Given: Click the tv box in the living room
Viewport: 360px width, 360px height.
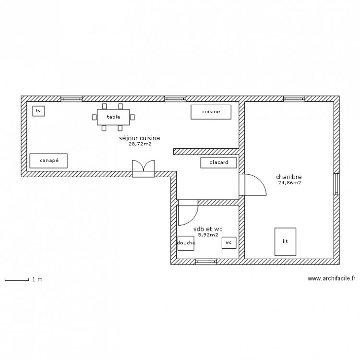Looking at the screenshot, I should pos(38,111).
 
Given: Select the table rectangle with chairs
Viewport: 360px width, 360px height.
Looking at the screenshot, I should pos(113,117).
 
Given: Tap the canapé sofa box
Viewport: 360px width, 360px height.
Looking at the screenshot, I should pos(48,161).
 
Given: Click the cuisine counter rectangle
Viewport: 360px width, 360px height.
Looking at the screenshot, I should pos(211,112).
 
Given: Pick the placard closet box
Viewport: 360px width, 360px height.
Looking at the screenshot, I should pos(219,163).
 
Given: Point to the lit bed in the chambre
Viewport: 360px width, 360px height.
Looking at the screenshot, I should pos(285,241).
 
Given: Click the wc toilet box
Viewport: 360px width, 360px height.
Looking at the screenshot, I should pos(228,243).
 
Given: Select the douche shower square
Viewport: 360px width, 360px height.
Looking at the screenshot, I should pos(186,243).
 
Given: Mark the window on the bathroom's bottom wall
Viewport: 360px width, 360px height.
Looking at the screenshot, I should pos(206,262).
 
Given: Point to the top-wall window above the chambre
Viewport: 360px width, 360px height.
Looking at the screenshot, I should pos(294,99).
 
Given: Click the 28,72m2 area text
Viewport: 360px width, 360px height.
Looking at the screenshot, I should pos(140,144).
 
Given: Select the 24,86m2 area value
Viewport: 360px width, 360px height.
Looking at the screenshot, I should pos(289,182).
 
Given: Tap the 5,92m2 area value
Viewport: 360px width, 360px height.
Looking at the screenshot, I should pos(208,235).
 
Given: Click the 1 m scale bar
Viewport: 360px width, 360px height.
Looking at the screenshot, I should pos(16,279).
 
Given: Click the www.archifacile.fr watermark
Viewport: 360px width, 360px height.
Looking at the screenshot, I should pos(331,278).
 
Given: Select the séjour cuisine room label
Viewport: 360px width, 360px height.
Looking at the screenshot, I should pos(139,138).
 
